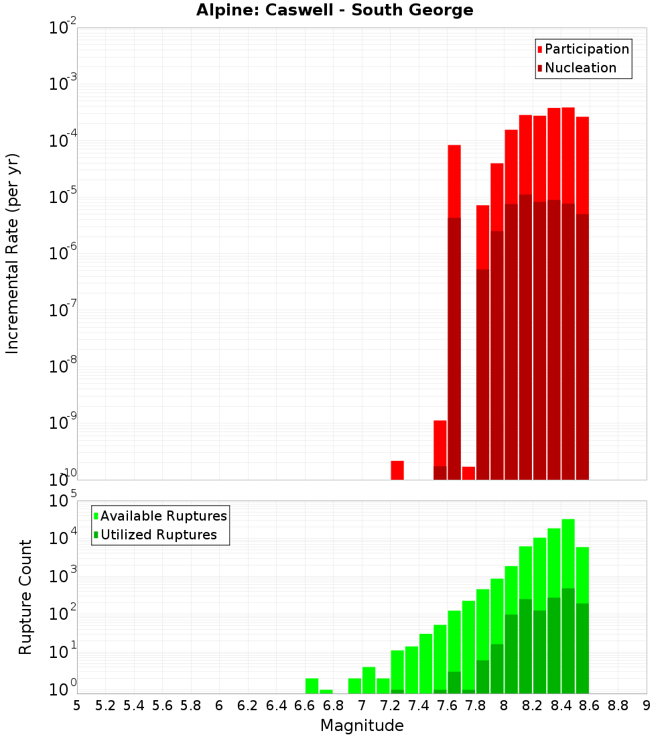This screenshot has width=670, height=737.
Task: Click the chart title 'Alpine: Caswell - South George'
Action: pyautogui.click(x=334, y=11)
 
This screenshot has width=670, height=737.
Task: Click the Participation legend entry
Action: pyautogui.click(x=583, y=50)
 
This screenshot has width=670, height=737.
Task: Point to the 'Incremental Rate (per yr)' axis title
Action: pyautogui.click(x=12, y=253)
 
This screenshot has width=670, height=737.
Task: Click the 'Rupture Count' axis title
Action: pyautogui.click(x=25, y=596)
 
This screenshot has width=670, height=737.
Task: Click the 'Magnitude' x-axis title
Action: pyautogui.click(x=362, y=726)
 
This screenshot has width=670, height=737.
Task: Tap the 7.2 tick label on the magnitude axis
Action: pyautogui.click(x=390, y=706)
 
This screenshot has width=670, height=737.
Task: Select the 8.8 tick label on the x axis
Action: pyautogui.click(x=618, y=706)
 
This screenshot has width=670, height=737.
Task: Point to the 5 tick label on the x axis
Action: pyautogui.click(x=77, y=706)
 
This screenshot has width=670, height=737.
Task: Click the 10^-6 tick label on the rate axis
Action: pyautogui.click(x=64, y=253)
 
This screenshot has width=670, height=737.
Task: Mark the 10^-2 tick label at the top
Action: pyautogui.click(x=64, y=27)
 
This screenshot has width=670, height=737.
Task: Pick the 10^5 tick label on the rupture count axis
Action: pyautogui.click(x=64, y=500)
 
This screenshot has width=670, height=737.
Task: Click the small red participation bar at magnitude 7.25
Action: pyautogui.click(x=397, y=470)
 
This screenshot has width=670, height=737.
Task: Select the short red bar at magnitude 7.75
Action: pyautogui.click(x=468, y=473)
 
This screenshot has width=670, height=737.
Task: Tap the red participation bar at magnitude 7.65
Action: pyautogui.click(x=454, y=181)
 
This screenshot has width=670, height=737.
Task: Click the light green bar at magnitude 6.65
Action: pyautogui.click(x=312, y=686)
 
